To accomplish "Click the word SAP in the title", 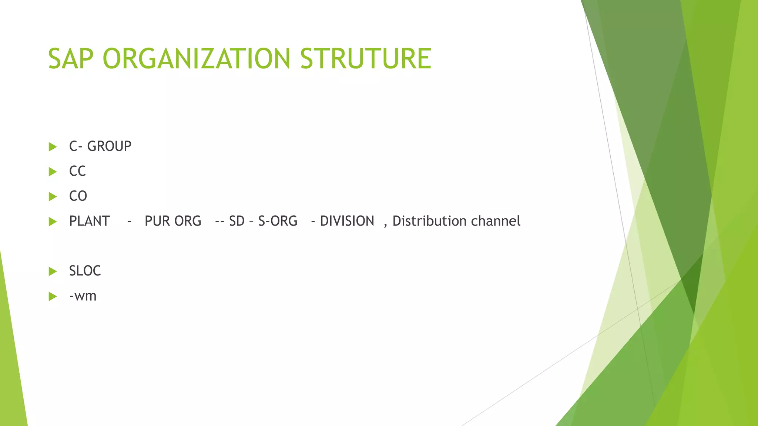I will (x=70, y=58).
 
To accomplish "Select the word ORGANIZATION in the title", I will (x=196, y=58).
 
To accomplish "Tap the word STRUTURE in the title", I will (x=365, y=58).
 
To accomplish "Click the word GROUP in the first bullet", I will (x=109, y=146).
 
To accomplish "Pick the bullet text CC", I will (x=77, y=171).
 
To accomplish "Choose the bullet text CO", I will (x=78, y=196).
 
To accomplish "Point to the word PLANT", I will (x=89, y=221).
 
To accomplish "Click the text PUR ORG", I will (x=173, y=221).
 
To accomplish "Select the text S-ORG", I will (x=278, y=221).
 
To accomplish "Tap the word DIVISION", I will (x=347, y=221).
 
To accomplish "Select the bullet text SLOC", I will (x=85, y=271).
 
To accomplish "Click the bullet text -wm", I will (x=83, y=296).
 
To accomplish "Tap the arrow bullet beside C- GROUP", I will (x=53, y=147).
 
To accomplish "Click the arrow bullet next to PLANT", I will (x=53, y=222).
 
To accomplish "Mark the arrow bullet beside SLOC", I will (x=53, y=271).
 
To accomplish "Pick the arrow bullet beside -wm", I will (x=53, y=296).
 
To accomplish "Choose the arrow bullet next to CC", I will (x=53, y=172).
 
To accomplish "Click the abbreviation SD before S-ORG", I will (x=237, y=221).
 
